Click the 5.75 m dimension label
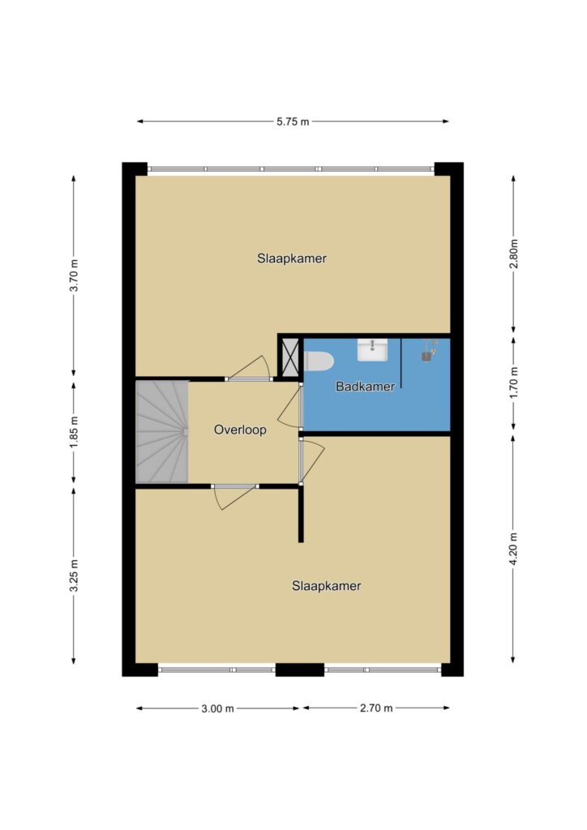click(293, 122)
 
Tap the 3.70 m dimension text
click(75, 276)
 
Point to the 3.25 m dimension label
click(75, 575)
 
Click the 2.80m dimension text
click(513, 254)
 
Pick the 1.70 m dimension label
click(513, 383)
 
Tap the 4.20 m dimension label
click(513, 549)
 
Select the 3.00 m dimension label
click(217, 708)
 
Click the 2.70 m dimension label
click(376, 708)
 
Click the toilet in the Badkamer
click(319, 362)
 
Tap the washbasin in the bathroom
click(372, 350)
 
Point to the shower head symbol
click(429, 351)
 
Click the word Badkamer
click(365, 387)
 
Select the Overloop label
click(240, 430)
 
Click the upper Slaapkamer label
click(292, 259)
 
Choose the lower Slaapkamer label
click(327, 586)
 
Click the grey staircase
click(162, 431)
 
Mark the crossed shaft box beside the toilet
click(290, 357)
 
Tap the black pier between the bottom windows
click(300, 670)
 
